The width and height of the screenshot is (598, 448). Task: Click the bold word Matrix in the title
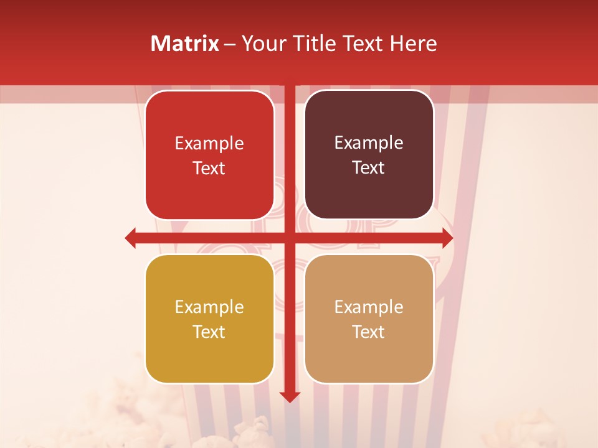[185, 44]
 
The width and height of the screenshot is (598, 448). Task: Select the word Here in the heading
[414, 44]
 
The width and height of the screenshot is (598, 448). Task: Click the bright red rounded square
[209, 156]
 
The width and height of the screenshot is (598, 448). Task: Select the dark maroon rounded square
[369, 155]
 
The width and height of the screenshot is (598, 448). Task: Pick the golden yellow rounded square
[209, 319]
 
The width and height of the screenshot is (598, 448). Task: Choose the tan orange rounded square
[369, 319]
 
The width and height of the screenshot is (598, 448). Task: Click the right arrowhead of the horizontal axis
[447, 238]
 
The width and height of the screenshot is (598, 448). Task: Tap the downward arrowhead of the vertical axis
[290, 396]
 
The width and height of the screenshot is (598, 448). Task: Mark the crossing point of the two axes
[290, 238]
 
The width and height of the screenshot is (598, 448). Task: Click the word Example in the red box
[209, 143]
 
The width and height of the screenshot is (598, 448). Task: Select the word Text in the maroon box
[369, 168]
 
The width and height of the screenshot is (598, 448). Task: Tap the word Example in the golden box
[209, 307]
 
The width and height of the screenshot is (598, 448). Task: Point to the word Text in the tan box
[369, 332]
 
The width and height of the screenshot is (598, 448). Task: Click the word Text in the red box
[209, 169]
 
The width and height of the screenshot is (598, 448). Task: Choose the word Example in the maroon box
[369, 142]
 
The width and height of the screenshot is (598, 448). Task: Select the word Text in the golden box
[209, 332]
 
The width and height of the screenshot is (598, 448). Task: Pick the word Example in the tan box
[369, 307]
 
